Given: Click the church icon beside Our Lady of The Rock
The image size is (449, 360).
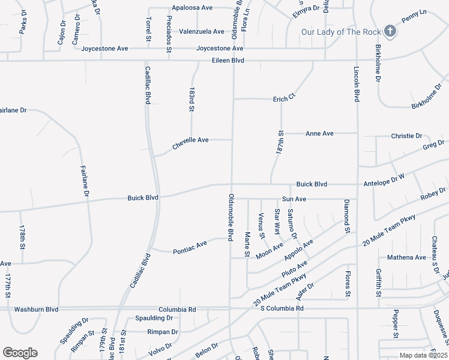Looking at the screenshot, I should [x=391, y=31].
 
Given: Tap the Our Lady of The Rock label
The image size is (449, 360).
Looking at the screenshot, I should [x=341, y=31].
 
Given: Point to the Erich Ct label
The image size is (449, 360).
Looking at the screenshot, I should [x=285, y=98].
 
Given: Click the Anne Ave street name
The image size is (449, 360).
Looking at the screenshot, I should [x=319, y=133].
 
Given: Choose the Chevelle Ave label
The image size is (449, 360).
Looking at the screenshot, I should [x=190, y=140].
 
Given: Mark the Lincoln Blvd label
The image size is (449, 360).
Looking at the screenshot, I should [x=357, y=85].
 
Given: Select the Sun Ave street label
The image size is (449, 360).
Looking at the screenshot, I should [x=294, y=199].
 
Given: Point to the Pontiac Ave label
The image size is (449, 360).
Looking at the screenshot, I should [x=190, y=244].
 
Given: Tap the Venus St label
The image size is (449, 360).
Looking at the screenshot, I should [x=261, y=225].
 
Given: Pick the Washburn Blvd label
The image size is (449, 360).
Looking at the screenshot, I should [x=36, y=309].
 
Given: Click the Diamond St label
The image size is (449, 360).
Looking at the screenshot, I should [x=346, y=216].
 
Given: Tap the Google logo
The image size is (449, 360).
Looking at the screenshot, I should [x=20, y=353].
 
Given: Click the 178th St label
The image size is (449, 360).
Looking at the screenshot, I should [x=22, y=238].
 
